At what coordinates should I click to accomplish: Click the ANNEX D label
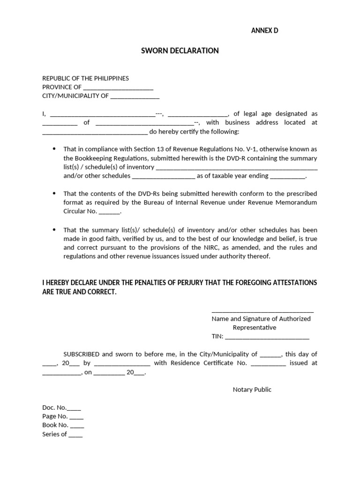[265, 31]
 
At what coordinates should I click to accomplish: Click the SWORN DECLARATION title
[180, 51]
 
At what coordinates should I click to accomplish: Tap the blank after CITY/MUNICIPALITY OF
[135, 97]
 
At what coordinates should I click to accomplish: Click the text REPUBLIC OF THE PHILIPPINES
[85, 78]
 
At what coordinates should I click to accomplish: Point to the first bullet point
[53, 149]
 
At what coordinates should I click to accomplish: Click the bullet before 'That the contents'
[53, 193]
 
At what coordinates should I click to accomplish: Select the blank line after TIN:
[267, 337]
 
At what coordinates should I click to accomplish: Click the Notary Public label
[252, 390]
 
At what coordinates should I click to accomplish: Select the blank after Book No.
[77, 426]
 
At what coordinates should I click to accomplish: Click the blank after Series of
[75, 435]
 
